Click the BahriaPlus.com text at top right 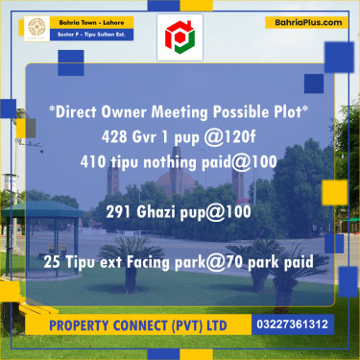coord(306,20)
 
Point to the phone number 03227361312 coord(293,324)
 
